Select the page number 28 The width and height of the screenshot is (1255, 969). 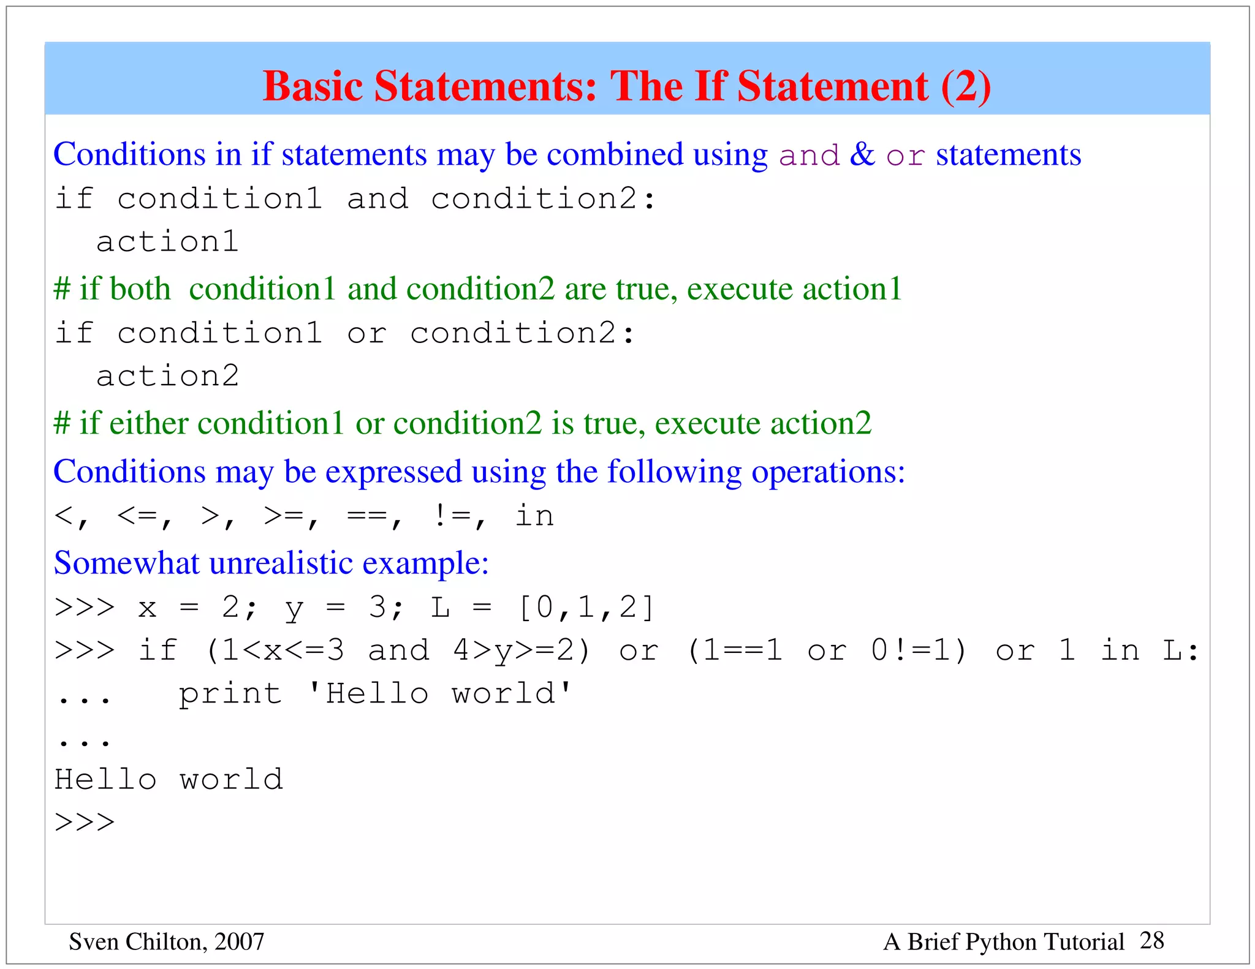click(x=1152, y=940)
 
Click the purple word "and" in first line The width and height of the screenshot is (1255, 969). click(x=809, y=155)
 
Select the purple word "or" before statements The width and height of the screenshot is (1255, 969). click(x=905, y=156)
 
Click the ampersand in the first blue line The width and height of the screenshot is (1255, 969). click(x=862, y=154)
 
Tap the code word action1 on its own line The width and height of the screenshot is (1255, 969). click(x=167, y=241)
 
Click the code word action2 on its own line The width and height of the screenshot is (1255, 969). click(x=167, y=375)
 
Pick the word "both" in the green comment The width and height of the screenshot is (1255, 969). click(x=140, y=288)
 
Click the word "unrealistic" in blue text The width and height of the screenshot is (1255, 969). click(x=281, y=562)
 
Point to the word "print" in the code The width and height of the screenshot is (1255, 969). click(x=230, y=693)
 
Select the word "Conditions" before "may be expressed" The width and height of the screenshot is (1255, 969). click(x=129, y=472)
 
